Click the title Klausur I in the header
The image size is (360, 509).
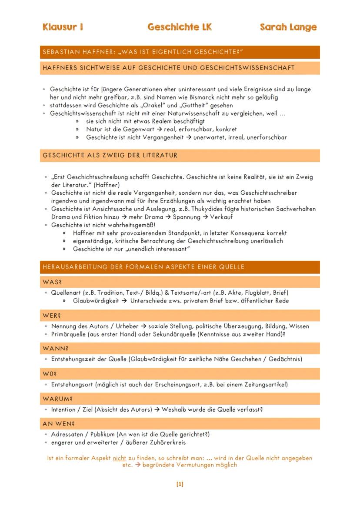coord(63,27)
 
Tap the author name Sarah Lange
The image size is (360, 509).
coord(288,27)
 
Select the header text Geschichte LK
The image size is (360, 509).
coord(180,27)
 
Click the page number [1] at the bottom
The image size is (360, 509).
coord(180,484)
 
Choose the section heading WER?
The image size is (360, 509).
coord(52,316)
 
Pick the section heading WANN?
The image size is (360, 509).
coord(55,349)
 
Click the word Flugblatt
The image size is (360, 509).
coord(256,293)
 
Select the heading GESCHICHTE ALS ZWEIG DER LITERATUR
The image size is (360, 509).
coord(110,156)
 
